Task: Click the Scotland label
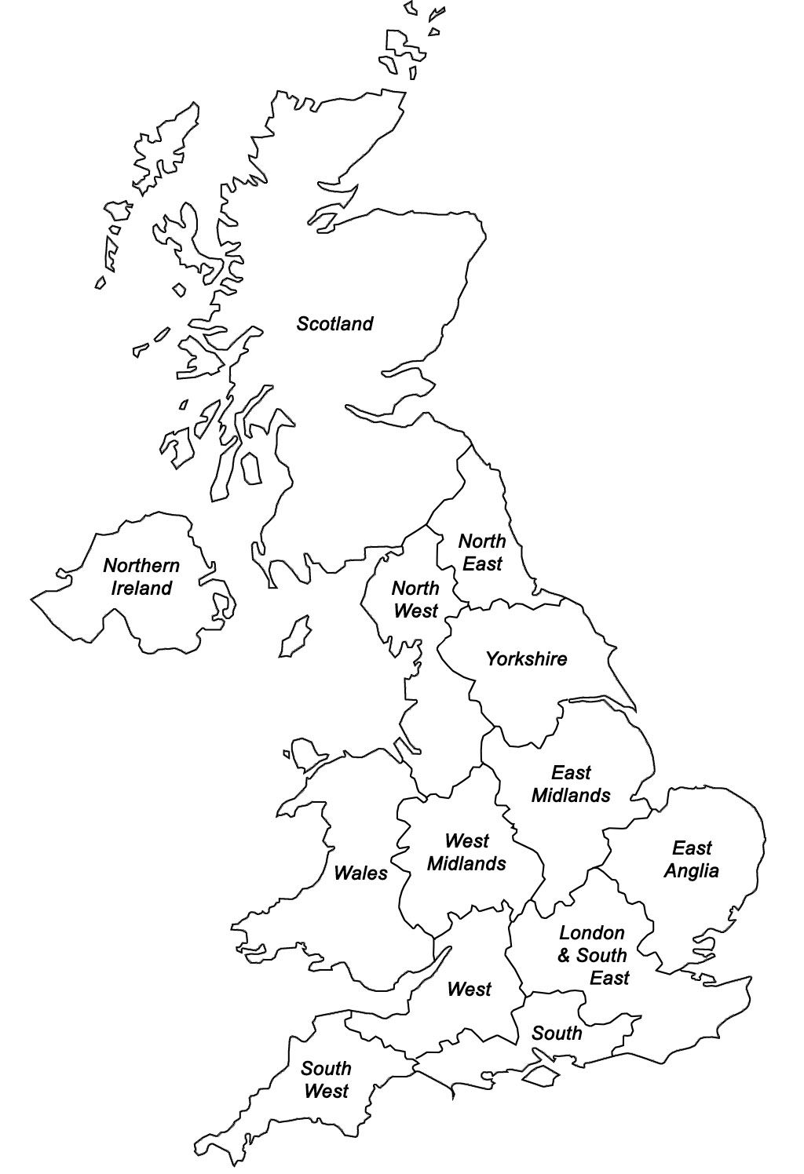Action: click(334, 324)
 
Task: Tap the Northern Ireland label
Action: click(141, 577)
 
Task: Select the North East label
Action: click(482, 552)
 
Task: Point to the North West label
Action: click(415, 600)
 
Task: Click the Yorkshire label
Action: click(526, 659)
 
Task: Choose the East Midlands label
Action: click(571, 784)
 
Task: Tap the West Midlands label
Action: click(466, 852)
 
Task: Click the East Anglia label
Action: click(692, 859)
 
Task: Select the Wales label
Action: click(360, 873)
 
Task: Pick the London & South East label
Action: click(593, 956)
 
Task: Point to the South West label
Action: click(326, 1080)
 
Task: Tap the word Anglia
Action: click(692, 871)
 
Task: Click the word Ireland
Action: click(141, 589)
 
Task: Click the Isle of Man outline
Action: click(294, 636)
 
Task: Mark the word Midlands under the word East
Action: click(571, 796)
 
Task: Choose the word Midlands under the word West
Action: click(466, 864)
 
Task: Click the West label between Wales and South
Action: click(469, 990)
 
